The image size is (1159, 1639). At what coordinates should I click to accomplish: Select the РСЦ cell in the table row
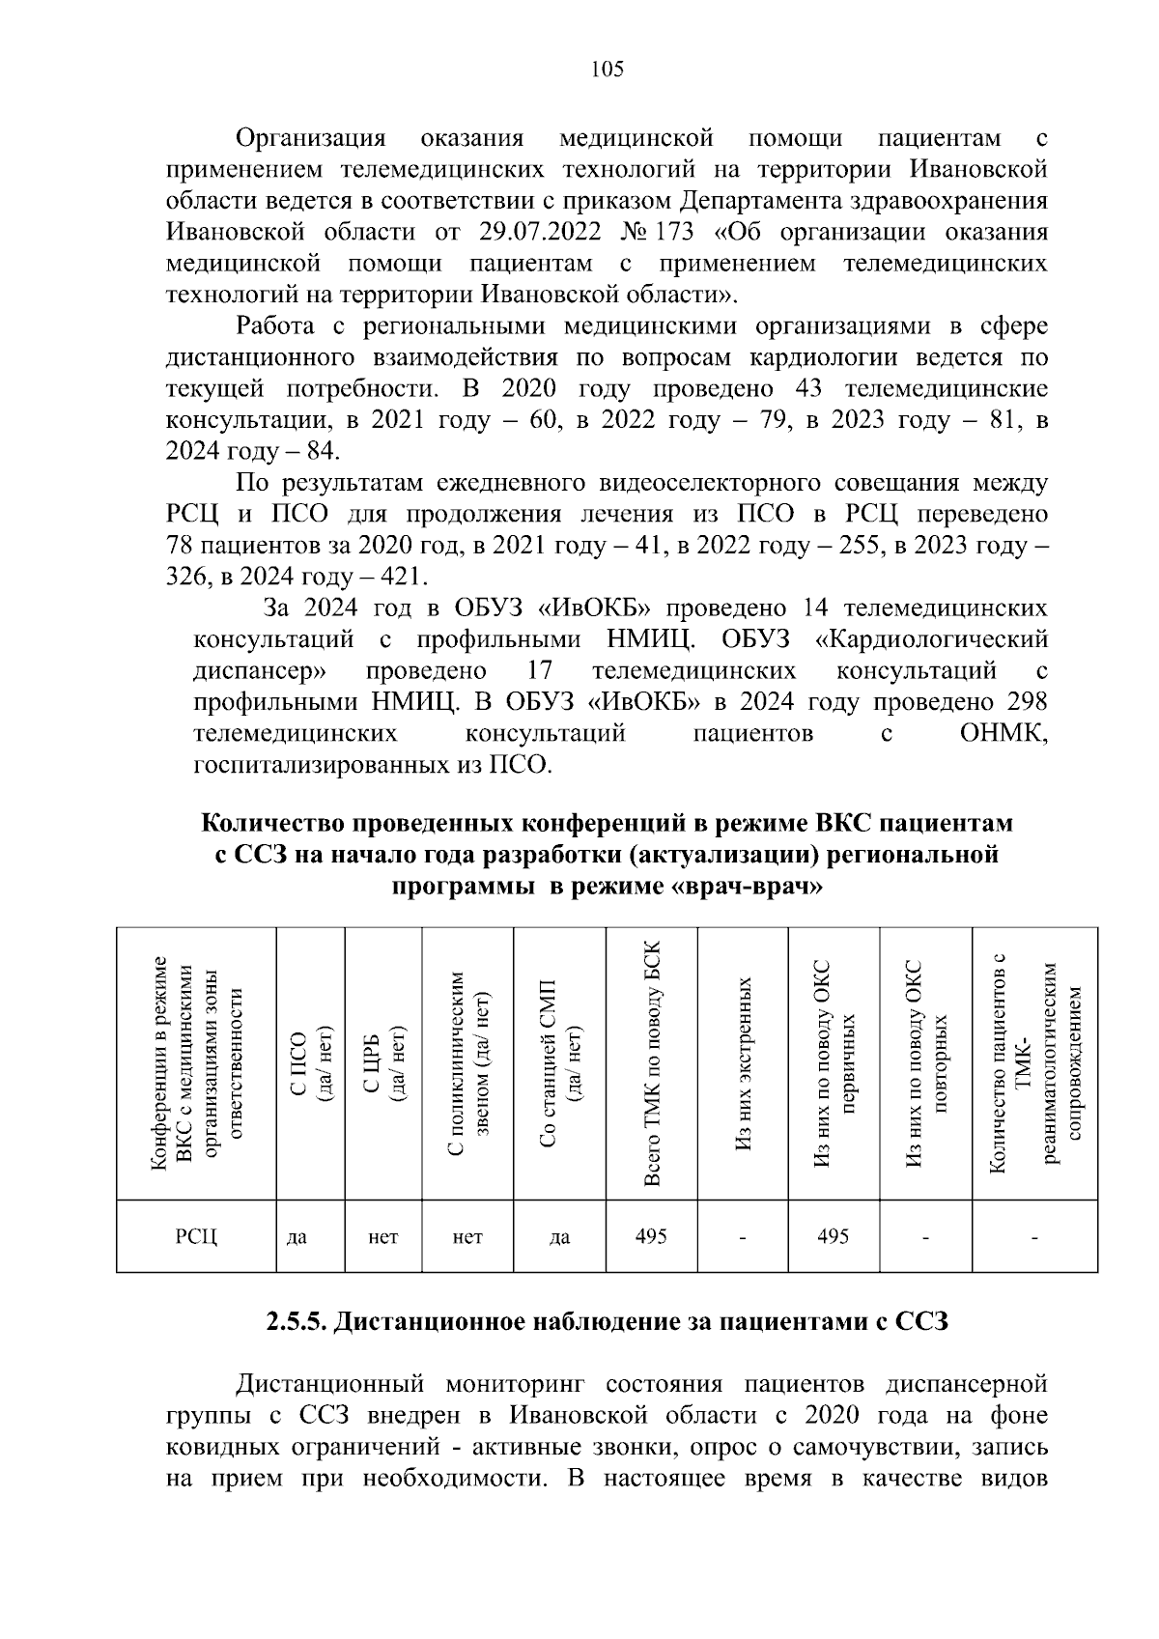[x=196, y=1237]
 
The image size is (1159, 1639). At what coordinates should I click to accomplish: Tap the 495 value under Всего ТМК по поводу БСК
[x=651, y=1236]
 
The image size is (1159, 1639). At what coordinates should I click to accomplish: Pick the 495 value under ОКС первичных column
[x=834, y=1236]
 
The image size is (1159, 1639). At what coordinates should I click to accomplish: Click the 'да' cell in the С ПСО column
[x=297, y=1237]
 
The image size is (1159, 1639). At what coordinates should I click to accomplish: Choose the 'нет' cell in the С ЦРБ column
[x=383, y=1237]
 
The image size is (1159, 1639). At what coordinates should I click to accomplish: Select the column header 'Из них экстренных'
[x=743, y=1062]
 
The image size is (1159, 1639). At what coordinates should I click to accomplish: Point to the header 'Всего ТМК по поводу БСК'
[x=652, y=1062]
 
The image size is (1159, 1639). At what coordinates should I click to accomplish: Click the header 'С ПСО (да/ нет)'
[x=311, y=1062]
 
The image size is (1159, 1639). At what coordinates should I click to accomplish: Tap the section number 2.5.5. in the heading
[x=297, y=1321]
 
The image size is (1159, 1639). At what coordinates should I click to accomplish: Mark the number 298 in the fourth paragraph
[x=1026, y=702]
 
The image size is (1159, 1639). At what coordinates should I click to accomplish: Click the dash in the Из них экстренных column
[x=743, y=1237]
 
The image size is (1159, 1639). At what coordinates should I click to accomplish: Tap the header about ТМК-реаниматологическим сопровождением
[x=1036, y=1062]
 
